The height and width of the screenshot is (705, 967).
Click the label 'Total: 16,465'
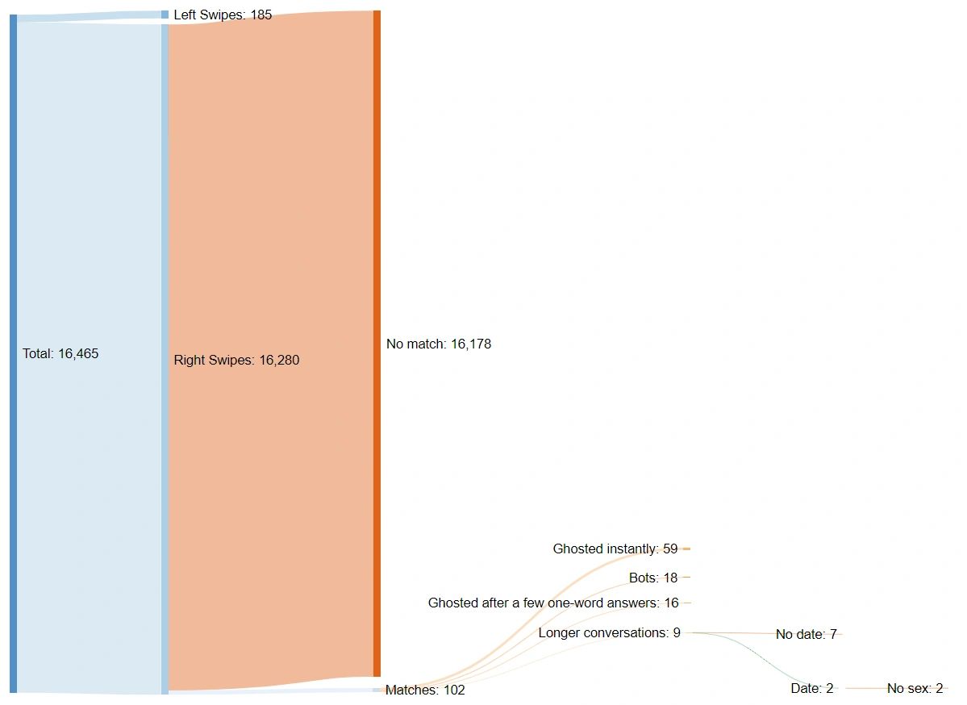pos(60,353)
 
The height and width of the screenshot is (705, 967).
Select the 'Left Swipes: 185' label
pos(223,15)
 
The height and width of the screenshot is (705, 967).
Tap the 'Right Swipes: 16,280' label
pos(236,360)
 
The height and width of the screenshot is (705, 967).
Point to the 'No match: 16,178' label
pos(438,344)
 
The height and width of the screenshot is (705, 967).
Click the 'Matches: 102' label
pos(425,690)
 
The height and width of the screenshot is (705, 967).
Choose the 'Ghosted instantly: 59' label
pos(615,549)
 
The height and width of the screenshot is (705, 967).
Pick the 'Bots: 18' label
pos(653,578)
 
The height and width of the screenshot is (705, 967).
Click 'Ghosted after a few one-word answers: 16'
pos(553,603)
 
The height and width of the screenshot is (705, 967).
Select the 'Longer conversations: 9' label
pos(609,632)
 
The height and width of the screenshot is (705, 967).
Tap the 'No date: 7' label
pos(806,634)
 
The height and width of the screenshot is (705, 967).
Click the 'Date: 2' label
pos(811,688)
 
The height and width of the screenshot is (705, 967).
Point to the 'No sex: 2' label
pos(915,688)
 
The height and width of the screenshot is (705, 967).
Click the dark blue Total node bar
pos(13,353)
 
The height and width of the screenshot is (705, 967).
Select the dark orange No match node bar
pos(376,344)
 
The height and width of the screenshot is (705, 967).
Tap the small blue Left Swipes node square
pos(165,15)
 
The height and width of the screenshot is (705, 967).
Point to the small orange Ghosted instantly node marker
pos(686,549)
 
